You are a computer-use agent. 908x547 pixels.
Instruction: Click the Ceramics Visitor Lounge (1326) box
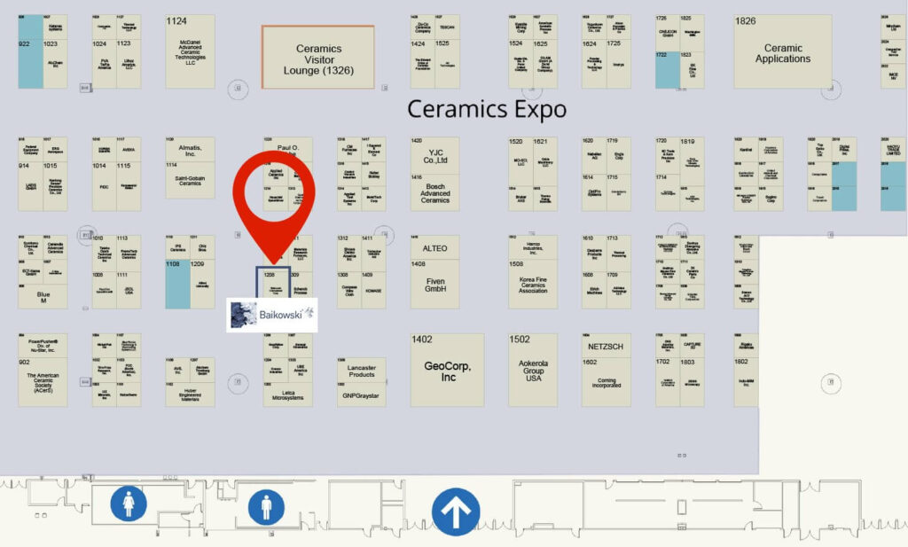317,57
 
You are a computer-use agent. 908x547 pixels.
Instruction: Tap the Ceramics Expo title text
486,109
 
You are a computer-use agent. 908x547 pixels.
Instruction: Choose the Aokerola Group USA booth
533,370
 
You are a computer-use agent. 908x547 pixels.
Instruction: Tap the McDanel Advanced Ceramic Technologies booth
190,51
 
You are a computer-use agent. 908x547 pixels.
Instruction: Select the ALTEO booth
434,247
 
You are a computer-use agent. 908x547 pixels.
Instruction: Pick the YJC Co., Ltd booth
434,155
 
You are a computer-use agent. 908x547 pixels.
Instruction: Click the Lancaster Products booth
361,370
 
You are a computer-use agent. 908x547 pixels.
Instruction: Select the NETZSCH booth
607,345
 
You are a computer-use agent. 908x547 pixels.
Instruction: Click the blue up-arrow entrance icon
456,512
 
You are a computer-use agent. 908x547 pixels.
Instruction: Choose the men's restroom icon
266,508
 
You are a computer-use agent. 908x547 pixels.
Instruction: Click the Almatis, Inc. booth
190,149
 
